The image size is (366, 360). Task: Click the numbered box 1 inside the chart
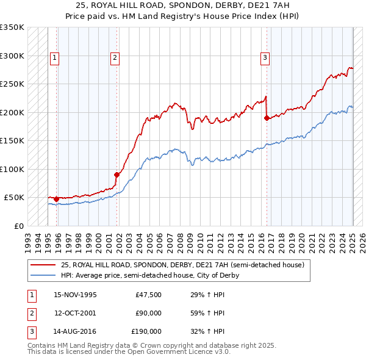[x=54, y=58]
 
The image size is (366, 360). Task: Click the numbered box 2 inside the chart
[x=115, y=58]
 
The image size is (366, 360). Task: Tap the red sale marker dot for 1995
[x=56, y=199]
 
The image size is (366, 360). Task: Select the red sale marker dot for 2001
[x=117, y=175]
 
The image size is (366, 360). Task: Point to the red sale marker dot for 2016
[x=267, y=118]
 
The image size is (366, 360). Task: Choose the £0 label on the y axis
[x=19, y=226]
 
